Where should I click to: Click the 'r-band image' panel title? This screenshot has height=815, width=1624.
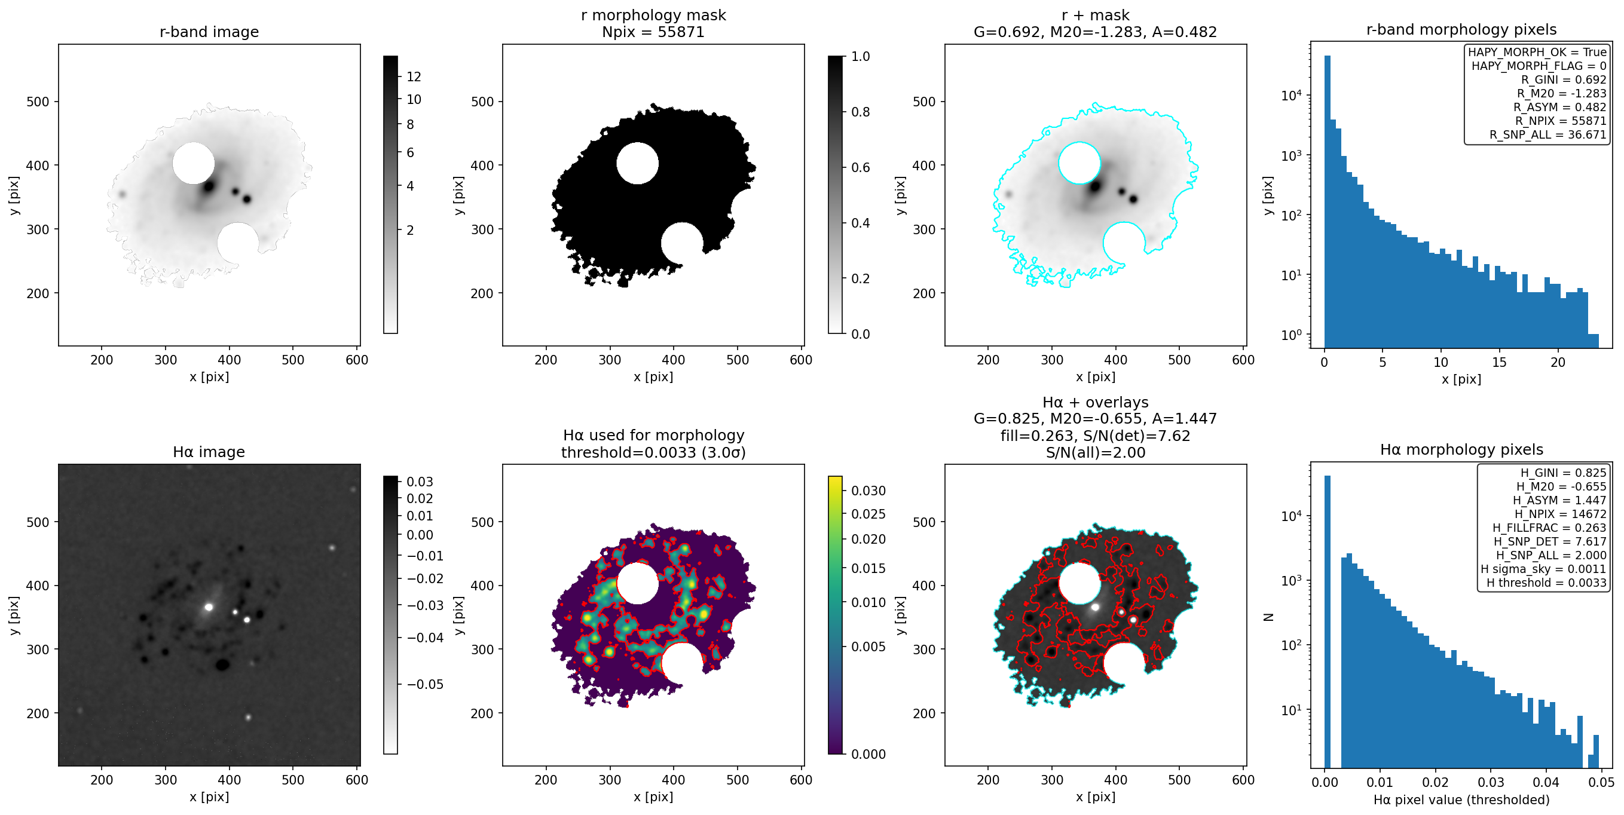[209, 32]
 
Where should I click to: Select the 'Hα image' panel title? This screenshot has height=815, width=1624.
[209, 452]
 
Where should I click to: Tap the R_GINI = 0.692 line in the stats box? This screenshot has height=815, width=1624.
[1564, 79]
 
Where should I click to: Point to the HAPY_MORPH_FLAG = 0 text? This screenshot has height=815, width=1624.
[1539, 66]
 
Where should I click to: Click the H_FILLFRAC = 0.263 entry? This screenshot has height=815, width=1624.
[1549, 528]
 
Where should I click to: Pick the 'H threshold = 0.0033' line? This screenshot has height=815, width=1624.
[1546, 583]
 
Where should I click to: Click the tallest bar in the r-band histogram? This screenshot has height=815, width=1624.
[1327, 202]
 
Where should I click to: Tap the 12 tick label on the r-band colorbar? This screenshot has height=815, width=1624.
[414, 77]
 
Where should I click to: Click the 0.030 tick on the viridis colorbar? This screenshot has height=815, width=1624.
[868, 491]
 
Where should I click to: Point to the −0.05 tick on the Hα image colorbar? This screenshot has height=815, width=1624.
[425, 685]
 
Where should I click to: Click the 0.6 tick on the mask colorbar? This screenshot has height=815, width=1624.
[861, 168]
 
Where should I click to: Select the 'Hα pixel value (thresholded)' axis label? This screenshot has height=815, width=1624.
[1461, 800]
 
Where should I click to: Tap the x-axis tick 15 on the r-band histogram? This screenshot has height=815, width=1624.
[1499, 362]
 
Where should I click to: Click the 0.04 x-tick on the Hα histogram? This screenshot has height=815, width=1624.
[1546, 782]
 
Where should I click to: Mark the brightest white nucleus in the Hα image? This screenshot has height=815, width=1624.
[209, 607]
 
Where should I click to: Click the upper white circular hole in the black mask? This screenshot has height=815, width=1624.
[637, 163]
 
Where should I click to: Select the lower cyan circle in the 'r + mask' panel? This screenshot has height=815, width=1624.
[1124, 243]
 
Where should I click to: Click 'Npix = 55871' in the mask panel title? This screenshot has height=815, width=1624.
[653, 32]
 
